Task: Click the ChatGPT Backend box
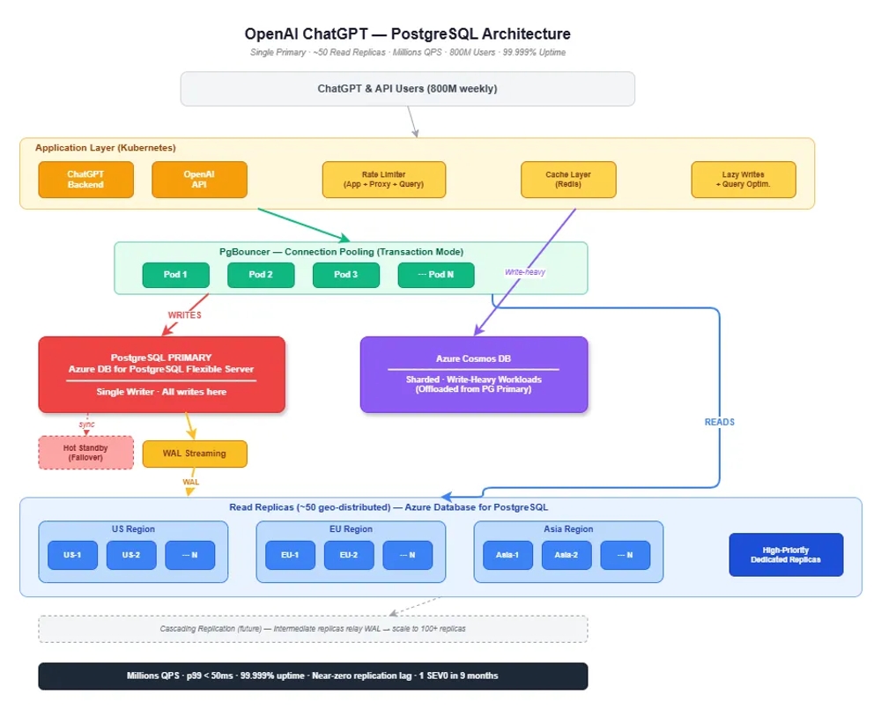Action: (85, 180)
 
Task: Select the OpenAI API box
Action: (199, 180)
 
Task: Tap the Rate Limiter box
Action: (383, 180)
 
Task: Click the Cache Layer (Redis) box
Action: (568, 180)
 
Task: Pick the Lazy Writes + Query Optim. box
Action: (743, 180)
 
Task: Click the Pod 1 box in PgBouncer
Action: (175, 275)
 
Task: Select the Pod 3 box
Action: (345, 275)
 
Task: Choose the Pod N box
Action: (435, 275)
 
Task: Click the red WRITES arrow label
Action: (184, 314)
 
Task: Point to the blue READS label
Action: (719, 422)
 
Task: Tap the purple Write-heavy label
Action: (524, 272)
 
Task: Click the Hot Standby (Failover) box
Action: (85, 453)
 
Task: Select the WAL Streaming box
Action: (195, 454)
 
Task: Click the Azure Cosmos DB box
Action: (473, 374)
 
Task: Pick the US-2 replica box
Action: (131, 555)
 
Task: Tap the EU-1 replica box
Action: (291, 555)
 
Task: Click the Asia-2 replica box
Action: (566, 555)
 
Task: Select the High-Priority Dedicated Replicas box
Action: (785, 555)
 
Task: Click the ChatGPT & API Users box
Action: (407, 89)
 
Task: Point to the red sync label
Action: (86, 424)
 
